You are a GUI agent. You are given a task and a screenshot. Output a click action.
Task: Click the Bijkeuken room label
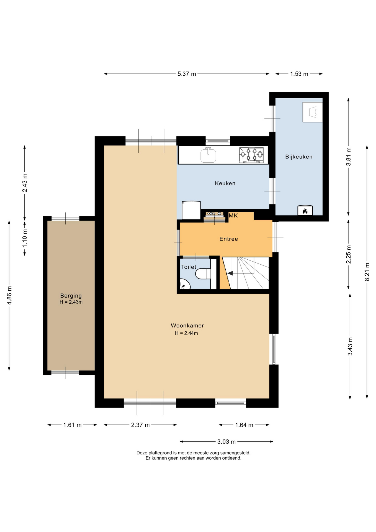[299, 157]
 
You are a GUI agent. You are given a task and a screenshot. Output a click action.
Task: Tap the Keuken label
[225, 183]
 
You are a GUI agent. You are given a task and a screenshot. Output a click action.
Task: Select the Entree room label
[229, 239]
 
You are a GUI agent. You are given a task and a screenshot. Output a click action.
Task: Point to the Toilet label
[189, 267]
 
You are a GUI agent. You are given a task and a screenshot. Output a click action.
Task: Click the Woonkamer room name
[187, 326]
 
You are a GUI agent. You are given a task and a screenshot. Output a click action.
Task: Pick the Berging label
[71, 296]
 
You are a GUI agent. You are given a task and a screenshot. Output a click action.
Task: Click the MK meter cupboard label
[233, 216]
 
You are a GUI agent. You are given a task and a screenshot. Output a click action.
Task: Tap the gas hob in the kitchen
[251, 155]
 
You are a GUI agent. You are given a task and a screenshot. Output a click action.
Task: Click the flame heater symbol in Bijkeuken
[305, 211]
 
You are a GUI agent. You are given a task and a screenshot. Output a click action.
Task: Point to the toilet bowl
[203, 274]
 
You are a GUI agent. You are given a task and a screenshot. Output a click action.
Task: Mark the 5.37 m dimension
[187, 74]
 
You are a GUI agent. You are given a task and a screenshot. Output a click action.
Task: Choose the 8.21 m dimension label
[367, 272]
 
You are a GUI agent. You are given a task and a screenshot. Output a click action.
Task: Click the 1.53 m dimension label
[299, 74]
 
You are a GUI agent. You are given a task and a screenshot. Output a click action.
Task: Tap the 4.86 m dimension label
[9, 295]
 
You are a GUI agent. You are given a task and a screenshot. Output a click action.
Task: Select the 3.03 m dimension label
[226, 442]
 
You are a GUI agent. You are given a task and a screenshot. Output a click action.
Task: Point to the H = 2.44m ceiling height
[186, 333]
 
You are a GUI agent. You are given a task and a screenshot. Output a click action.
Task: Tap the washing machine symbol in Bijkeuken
[313, 112]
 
